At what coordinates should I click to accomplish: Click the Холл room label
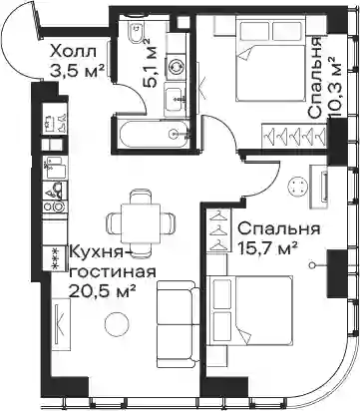(73, 52)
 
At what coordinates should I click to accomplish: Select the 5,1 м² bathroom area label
(151, 63)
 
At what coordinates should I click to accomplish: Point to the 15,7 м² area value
(267, 248)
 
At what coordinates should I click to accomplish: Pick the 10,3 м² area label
(335, 87)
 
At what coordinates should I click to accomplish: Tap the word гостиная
(112, 272)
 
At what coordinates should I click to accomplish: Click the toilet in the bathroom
(137, 32)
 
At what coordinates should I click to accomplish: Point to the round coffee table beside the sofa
(117, 324)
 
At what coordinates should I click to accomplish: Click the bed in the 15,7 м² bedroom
(249, 310)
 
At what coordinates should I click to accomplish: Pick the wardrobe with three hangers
(217, 230)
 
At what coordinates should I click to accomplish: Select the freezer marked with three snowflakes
(56, 258)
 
